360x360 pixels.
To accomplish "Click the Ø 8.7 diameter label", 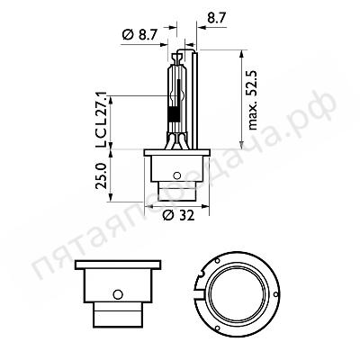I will click(x=139, y=34).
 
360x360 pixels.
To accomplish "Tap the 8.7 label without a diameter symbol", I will click(x=217, y=16).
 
